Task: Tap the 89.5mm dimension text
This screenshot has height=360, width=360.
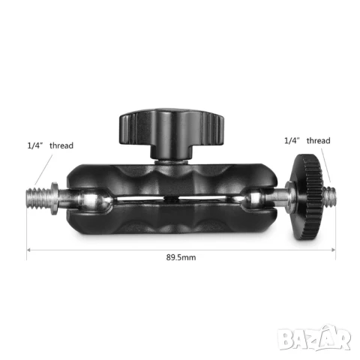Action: [182, 257]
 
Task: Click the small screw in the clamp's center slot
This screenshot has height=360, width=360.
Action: [170, 202]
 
